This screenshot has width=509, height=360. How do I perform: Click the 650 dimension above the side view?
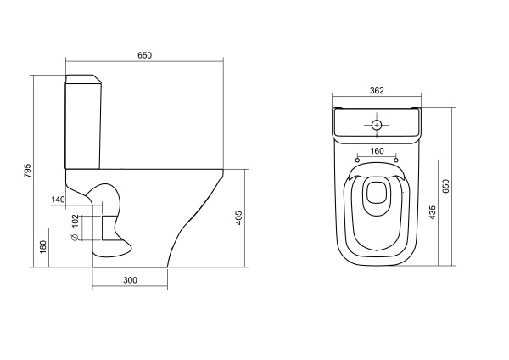point(144,55)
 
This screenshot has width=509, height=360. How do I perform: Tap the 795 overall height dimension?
point(28,171)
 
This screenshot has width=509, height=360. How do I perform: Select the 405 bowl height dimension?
point(238,218)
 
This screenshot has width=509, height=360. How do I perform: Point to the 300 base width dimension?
point(130,280)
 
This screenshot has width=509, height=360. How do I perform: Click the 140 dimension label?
point(59,200)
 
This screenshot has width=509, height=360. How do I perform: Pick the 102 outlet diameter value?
point(75,221)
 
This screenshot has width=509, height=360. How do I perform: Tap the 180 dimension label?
point(42,247)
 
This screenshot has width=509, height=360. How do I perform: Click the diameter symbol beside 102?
point(75,237)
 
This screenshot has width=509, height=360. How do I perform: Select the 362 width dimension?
point(377,91)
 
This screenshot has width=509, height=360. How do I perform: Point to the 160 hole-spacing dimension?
point(377,151)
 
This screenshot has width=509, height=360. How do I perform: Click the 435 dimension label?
point(432,212)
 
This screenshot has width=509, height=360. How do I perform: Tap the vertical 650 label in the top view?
point(445,186)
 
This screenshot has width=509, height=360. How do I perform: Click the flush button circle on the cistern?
point(377,125)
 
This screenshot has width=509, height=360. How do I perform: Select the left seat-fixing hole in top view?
point(357,160)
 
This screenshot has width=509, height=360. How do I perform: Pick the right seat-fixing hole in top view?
point(396,160)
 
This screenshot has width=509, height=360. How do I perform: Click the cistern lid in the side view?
point(84,79)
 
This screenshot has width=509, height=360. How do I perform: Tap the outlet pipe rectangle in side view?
point(109,228)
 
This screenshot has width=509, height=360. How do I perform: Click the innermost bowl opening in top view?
point(377,193)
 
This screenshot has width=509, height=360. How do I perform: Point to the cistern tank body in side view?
point(84,126)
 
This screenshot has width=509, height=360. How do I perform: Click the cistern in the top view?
point(377,126)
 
